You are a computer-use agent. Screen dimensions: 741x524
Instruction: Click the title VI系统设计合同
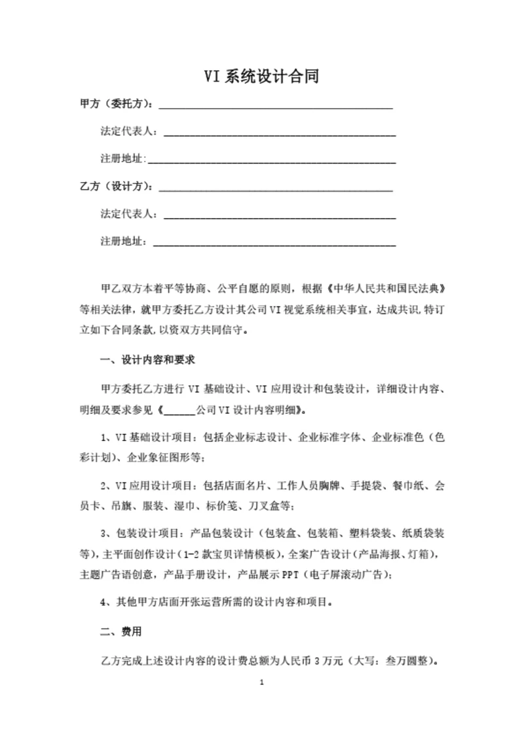tap(261, 77)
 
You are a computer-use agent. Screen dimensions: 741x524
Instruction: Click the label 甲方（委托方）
tap(116, 104)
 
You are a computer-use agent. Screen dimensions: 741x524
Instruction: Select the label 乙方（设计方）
tap(116, 187)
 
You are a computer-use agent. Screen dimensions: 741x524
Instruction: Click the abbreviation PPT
tap(290, 575)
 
